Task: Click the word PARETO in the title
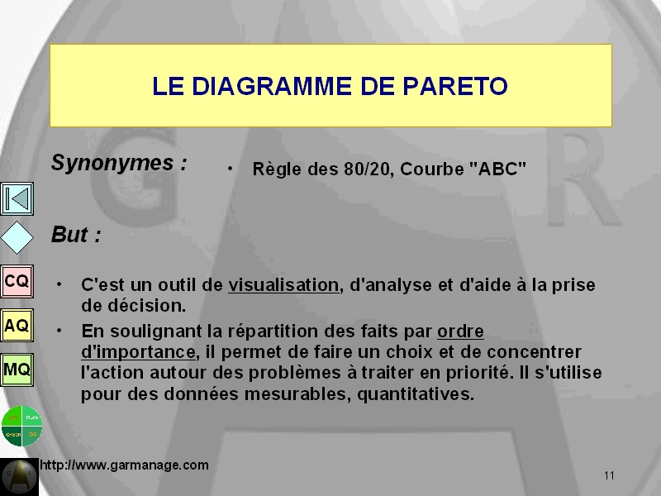(x=455, y=86)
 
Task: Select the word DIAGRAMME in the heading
(x=272, y=86)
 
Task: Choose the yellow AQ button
(x=17, y=325)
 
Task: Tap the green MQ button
(x=17, y=370)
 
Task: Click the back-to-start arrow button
(x=17, y=198)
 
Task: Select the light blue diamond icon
(x=17, y=237)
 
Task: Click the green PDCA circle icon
(x=21, y=426)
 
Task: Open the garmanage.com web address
(x=125, y=465)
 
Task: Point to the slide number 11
(x=609, y=476)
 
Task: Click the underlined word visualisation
(x=283, y=285)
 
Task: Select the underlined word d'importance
(x=138, y=352)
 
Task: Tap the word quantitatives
(x=416, y=394)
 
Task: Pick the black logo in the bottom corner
(x=19, y=477)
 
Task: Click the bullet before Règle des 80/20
(x=230, y=169)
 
